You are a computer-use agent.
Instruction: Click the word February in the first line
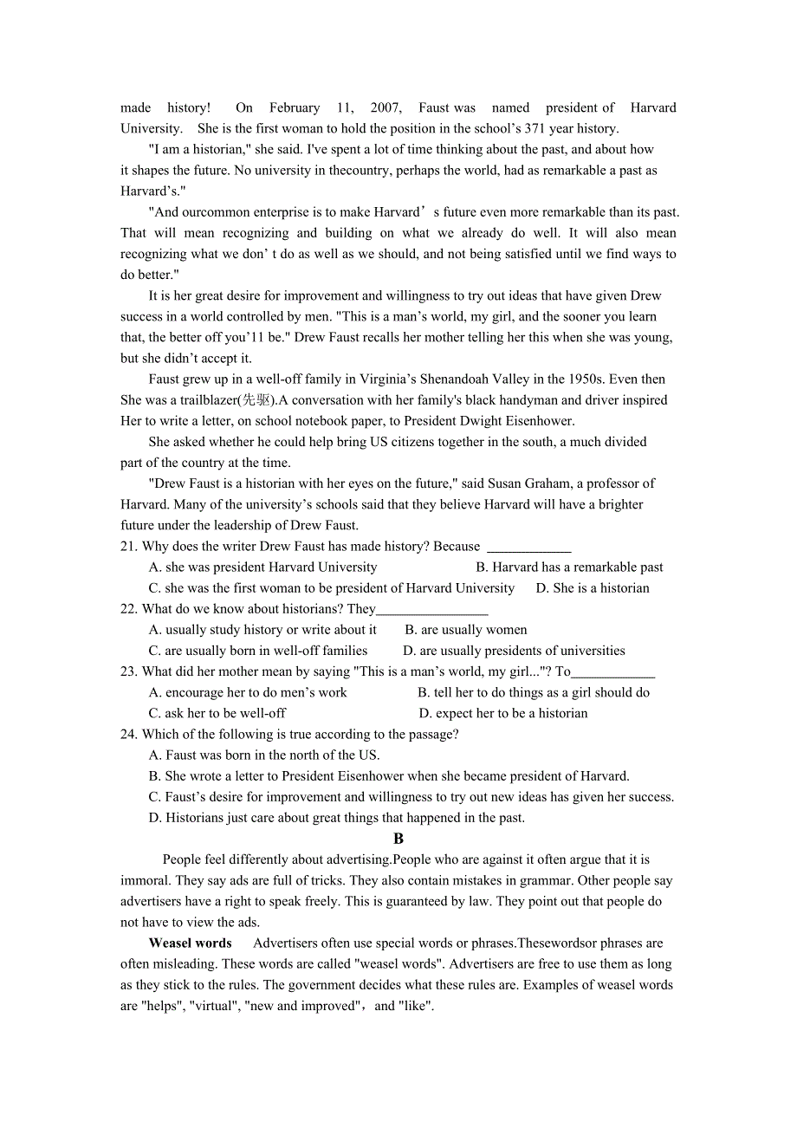pyautogui.click(x=295, y=108)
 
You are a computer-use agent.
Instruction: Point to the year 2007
pyautogui.click(x=385, y=108)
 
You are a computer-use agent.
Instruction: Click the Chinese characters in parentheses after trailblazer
pyautogui.click(x=257, y=400)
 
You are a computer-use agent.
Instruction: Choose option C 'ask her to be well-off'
pyautogui.click(x=217, y=714)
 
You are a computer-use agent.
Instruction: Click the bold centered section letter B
pyautogui.click(x=398, y=839)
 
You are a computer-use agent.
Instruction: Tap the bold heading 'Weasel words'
pyautogui.click(x=191, y=943)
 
